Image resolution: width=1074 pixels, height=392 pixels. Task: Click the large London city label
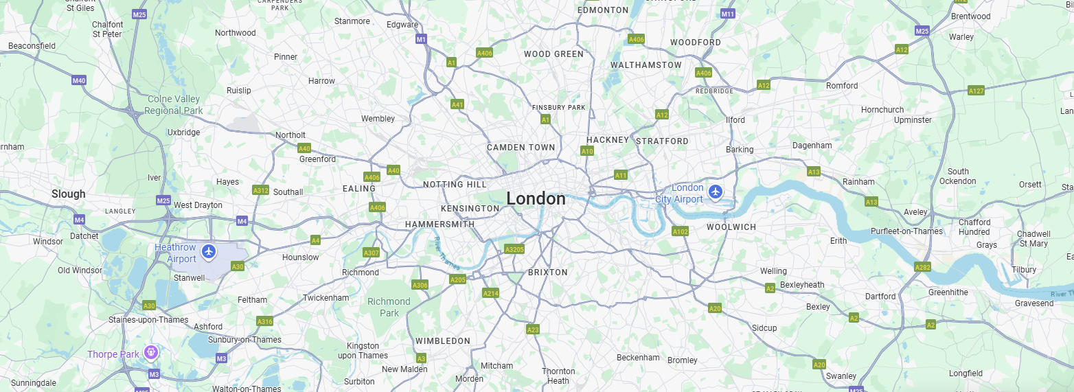[x=536, y=199]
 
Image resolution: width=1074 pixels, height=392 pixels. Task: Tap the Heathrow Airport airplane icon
[x=209, y=252]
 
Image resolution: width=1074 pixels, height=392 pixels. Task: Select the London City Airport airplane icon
[x=716, y=191]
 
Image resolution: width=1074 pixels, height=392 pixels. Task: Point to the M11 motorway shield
[x=728, y=14]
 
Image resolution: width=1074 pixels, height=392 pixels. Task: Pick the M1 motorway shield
[x=421, y=39]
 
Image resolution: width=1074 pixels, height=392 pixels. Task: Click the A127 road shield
[x=976, y=91]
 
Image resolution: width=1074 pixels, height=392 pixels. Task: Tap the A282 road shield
[x=922, y=267]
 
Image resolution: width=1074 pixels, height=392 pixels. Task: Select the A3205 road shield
[x=514, y=249]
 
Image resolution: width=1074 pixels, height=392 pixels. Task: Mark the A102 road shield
[x=680, y=231]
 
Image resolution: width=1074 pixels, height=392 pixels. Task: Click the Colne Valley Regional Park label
[x=173, y=104]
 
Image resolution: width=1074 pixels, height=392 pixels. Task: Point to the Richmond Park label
[x=389, y=307]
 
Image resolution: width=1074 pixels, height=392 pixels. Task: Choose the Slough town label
[x=69, y=194]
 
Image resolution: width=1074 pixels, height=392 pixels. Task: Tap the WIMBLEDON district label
[x=442, y=341]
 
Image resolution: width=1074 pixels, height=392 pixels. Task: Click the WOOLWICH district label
[x=731, y=227]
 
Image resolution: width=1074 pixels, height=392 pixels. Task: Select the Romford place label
[x=842, y=86]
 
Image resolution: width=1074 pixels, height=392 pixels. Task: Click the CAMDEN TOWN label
[x=521, y=148]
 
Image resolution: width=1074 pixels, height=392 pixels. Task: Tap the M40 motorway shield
[x=79, y=80]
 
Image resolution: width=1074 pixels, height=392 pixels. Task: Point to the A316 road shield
[x=264, y=321]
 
